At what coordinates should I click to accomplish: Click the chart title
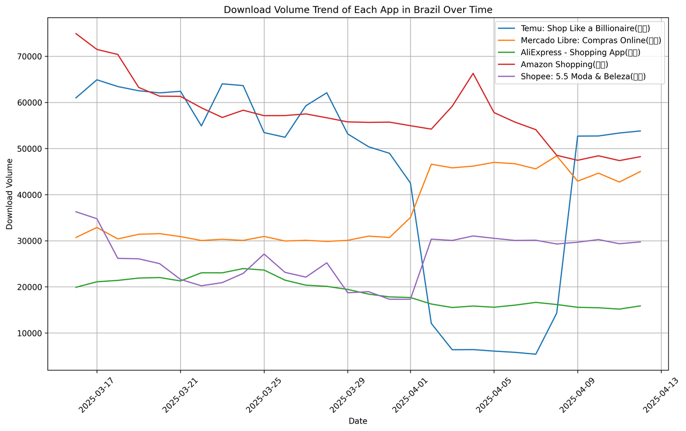tap(357, 10)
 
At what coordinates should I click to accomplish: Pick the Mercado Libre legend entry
tap(590, 40)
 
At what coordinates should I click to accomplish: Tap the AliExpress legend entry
tap(580, 53)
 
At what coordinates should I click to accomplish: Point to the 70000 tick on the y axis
tap(32, 56)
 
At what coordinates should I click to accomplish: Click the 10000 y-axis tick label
tap(32, 333)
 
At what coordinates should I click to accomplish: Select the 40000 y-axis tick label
tap(32, 195)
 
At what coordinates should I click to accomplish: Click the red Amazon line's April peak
tap(473, 73)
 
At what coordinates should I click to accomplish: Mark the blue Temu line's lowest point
tap(535, 354)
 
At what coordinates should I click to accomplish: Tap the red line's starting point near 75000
tap(76, 33)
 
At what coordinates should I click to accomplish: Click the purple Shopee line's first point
tap(76, 211)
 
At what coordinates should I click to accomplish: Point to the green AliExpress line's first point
tap(76, 287)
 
